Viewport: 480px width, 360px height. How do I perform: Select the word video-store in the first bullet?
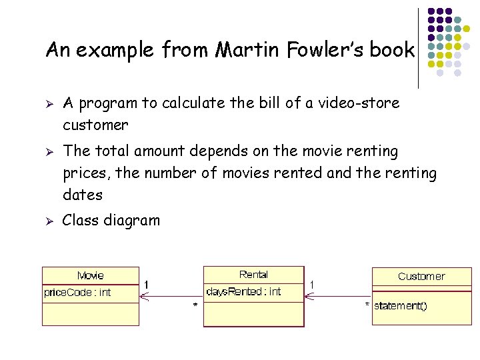click(x=361, y=103)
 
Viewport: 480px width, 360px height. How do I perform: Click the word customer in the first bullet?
click(x=95, y=125)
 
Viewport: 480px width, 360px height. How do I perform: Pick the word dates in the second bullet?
click(x=83, y=195)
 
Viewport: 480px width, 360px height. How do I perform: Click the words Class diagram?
click(x=111, y=221)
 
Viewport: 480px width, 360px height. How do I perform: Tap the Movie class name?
click(x=91, y=275)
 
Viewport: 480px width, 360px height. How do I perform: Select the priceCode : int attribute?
click(x=77, y=292)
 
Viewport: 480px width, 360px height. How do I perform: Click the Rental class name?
click(x=253, y=275)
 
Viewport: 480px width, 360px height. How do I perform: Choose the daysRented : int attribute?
click(x=244, y=291)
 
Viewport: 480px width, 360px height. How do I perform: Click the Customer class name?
click(x=421, y=276)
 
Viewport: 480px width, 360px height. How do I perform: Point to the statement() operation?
click(x=401, y=306)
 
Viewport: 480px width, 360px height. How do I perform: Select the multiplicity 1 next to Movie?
click(x=147, y=284)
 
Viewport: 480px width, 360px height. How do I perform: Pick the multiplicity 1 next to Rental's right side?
click(x=312, y=284)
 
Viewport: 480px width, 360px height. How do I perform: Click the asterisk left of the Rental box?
click(x=195, y=305)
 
